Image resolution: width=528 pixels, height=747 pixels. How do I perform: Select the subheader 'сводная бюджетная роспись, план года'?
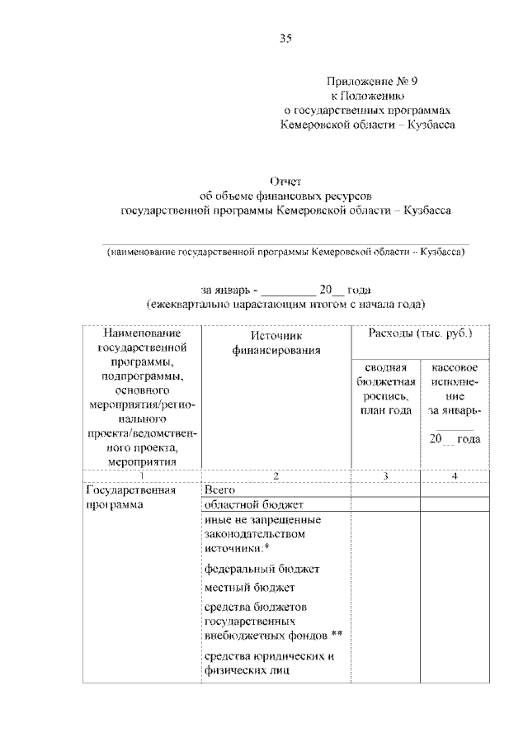point(384,388)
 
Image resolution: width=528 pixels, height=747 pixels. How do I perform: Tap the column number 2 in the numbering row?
point(276,475)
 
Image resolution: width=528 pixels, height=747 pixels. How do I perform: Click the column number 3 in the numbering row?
point(385,475)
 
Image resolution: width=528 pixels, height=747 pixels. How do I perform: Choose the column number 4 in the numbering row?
point(455,475)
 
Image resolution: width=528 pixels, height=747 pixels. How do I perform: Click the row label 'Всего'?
point(219,490)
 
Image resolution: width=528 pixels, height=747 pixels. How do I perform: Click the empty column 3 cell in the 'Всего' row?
point(385,490)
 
